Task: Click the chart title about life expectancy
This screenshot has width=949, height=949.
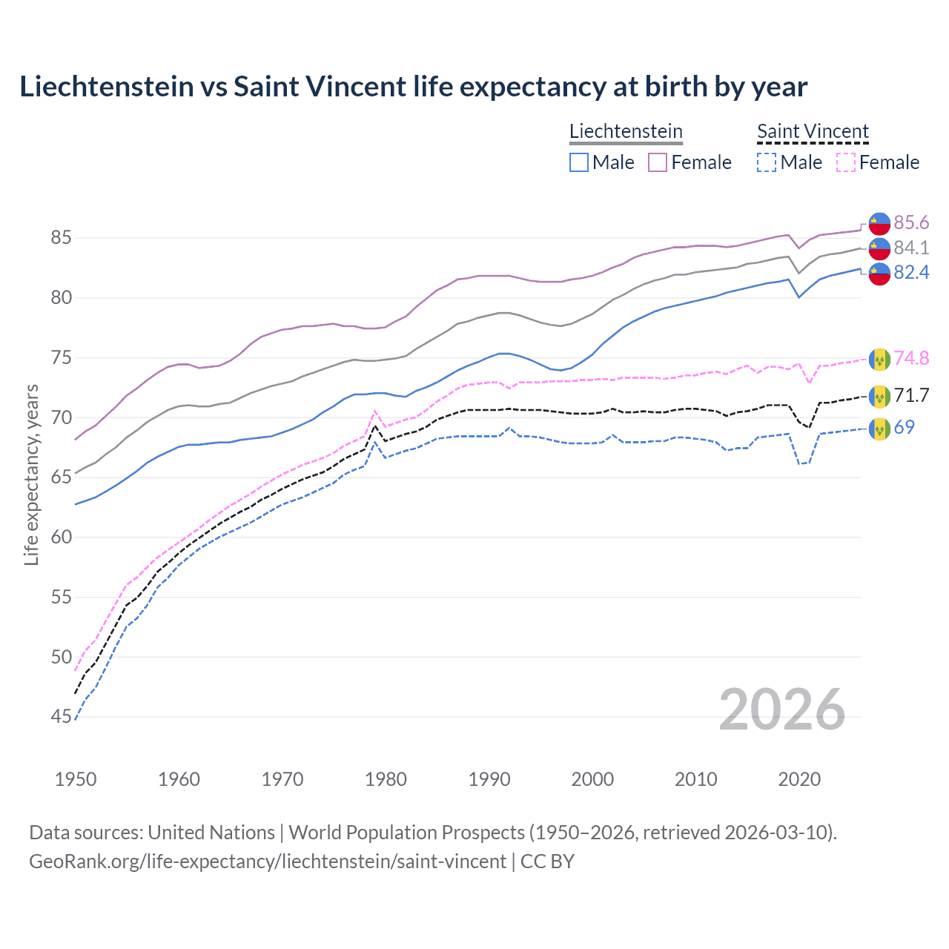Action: coord(413,87)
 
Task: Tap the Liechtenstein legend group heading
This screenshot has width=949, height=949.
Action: coord(626,131)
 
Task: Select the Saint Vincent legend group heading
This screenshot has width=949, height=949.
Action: coord(813,131)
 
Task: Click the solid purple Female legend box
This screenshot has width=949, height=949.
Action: coord(658,162)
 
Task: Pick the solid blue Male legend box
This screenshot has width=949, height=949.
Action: coord(579,162)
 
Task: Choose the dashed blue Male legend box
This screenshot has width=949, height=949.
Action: coord(767,162)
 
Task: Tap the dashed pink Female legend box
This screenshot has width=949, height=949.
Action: coord(845,162)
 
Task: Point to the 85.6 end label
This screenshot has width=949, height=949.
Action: coord(911,222)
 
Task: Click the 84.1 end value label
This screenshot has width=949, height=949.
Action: coord(911,248)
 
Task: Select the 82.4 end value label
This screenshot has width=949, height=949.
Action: coord(911,273)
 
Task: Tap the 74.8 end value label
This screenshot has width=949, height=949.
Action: coord(911,358)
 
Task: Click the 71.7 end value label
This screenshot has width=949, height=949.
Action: coord(911,395)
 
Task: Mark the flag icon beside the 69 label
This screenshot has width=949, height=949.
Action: coord(879,429)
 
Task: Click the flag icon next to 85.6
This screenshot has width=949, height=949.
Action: coord(879,222)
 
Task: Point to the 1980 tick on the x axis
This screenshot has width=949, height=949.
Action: coord(386,779)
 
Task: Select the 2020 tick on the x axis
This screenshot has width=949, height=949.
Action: coord(799,779)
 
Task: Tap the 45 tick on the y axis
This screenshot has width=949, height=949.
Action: coord(61,717)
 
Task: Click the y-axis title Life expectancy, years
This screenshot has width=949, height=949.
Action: coord(31,474)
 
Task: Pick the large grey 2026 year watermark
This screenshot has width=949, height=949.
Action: coord(782,710)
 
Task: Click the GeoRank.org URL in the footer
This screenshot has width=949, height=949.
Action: coord(268,861)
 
